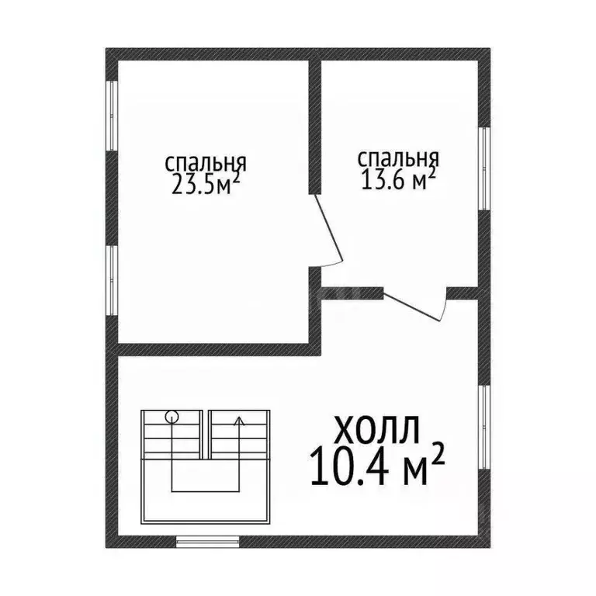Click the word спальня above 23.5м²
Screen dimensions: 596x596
206,164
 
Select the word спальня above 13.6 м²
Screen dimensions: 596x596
398,158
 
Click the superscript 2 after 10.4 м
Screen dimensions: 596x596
437,456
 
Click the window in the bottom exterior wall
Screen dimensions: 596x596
207,542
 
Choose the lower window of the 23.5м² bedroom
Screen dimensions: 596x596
112,280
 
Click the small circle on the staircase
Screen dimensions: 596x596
172,417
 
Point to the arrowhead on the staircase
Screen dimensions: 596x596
239,422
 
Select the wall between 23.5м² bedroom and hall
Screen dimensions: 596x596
213,349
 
